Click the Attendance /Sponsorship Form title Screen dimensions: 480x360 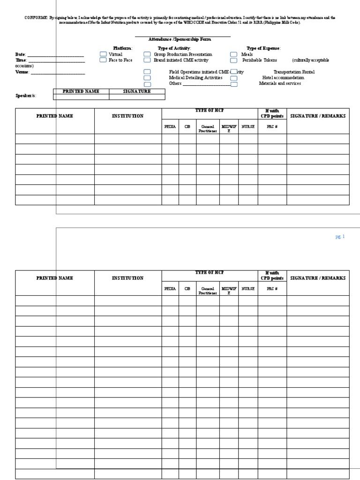[x=180, y=40]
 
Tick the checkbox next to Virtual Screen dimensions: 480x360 [x=103, y=54]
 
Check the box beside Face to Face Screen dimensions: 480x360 [x=103, y=60]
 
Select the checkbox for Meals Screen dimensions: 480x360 [x=233, y=54]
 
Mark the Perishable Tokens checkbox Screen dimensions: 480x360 [x=233, y=60]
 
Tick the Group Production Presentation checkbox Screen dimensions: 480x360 [x=147, y=54]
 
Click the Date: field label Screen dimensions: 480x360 [x=21, y=55]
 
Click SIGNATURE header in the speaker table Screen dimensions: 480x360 [x=137, y=91]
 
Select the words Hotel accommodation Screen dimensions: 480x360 [x=283, y=78]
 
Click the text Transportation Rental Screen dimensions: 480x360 [x=294, y=72]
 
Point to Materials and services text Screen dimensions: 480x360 [x=280, y=83]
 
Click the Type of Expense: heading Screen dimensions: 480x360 [x=263, y=48]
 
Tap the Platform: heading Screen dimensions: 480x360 [x=123, y=48]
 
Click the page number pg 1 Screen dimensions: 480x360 [x=340, y=237]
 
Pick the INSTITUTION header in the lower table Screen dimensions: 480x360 [x=127, y=278]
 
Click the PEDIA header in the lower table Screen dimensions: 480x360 [x=170, y=289]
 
